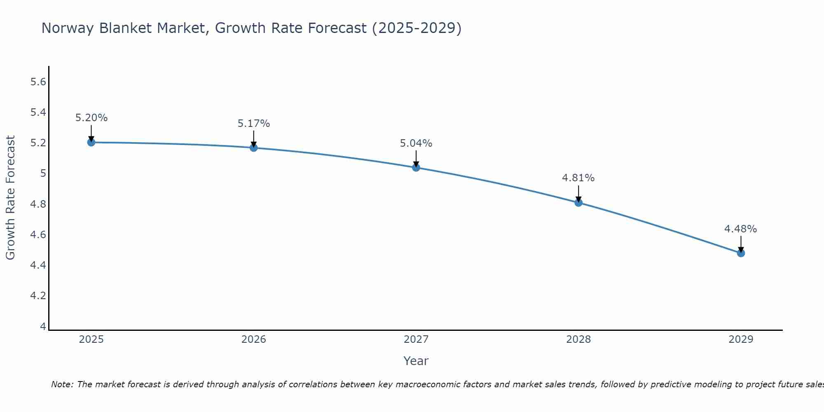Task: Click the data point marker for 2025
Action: tap(91, 142)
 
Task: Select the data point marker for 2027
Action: tap(416, 167)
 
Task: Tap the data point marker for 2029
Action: tap(741, 253)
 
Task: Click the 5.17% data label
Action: tap(254, 124)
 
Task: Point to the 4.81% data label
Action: tap(578, 178)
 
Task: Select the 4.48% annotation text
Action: tap(741, 229)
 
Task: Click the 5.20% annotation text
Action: tap(91, 118)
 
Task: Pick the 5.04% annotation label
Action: tap(416, 143)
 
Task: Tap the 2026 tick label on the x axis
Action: tap(254, 339)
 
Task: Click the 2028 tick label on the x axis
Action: tap(578, 339)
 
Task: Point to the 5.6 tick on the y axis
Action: tap(38, 82)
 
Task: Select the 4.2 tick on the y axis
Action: tap(38, 296)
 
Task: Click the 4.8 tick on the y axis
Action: tap(38, 204)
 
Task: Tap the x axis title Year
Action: tap(416, 361)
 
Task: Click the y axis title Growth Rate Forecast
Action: tap(10, 198)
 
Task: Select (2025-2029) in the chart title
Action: tap(417, 28)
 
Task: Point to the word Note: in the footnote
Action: tap(62, 384)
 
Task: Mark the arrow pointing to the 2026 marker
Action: tap(254, 138)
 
